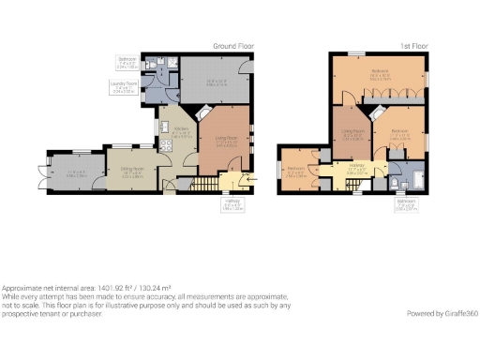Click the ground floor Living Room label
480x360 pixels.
click(225, 142)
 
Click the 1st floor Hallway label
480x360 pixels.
click(353, 170)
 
